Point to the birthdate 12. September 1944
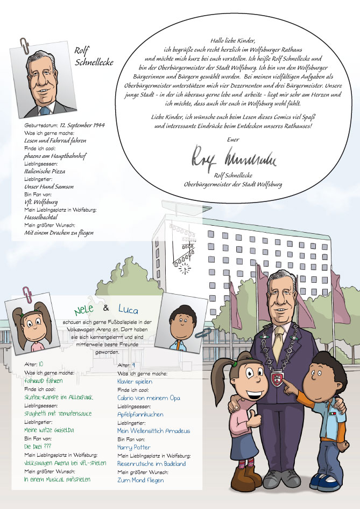click(82, 125)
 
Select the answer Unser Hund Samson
click(49, 186)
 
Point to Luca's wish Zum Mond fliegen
click(140, 479)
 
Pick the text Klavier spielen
click(135, 381)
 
